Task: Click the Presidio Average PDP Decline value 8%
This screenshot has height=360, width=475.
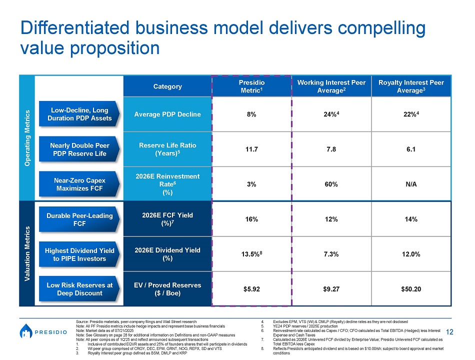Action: click(x=251, y=114)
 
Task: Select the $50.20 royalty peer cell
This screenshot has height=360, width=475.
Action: click(x=411, y=289)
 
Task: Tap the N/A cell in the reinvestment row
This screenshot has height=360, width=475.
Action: click(x=411, y=184)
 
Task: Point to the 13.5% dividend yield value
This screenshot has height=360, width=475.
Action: click(x=251, y=254)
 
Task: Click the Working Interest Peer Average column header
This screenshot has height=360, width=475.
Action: click(x=331, y=86)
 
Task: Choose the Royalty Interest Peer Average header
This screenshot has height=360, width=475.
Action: click(x=411, y=86)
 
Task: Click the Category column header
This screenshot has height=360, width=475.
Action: click(x=167, y=86)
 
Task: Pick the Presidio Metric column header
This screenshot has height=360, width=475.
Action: click(x=251, y=86)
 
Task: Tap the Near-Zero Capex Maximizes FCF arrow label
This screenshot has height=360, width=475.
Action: click(x=79, y=184)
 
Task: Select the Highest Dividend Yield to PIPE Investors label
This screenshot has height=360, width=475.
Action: click(x=79, y=254)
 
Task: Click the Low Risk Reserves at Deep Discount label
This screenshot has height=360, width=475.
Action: click(x=79, y=289)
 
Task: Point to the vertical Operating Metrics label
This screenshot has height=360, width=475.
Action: click(x=27, y=138)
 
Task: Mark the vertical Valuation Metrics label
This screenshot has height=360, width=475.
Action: click(x=27, y=253)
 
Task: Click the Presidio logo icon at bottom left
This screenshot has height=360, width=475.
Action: click(x=26, y=331)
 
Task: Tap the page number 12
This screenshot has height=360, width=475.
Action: click(x=449, y=332)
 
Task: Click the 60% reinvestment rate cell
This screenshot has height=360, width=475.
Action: click(x=331, y=184)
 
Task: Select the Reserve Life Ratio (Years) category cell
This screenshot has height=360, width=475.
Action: click(x=167, y=149)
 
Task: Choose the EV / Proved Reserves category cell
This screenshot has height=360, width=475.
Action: click(x=167, y=289)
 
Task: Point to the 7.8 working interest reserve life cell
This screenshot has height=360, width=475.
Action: click(x=331, y=149)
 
